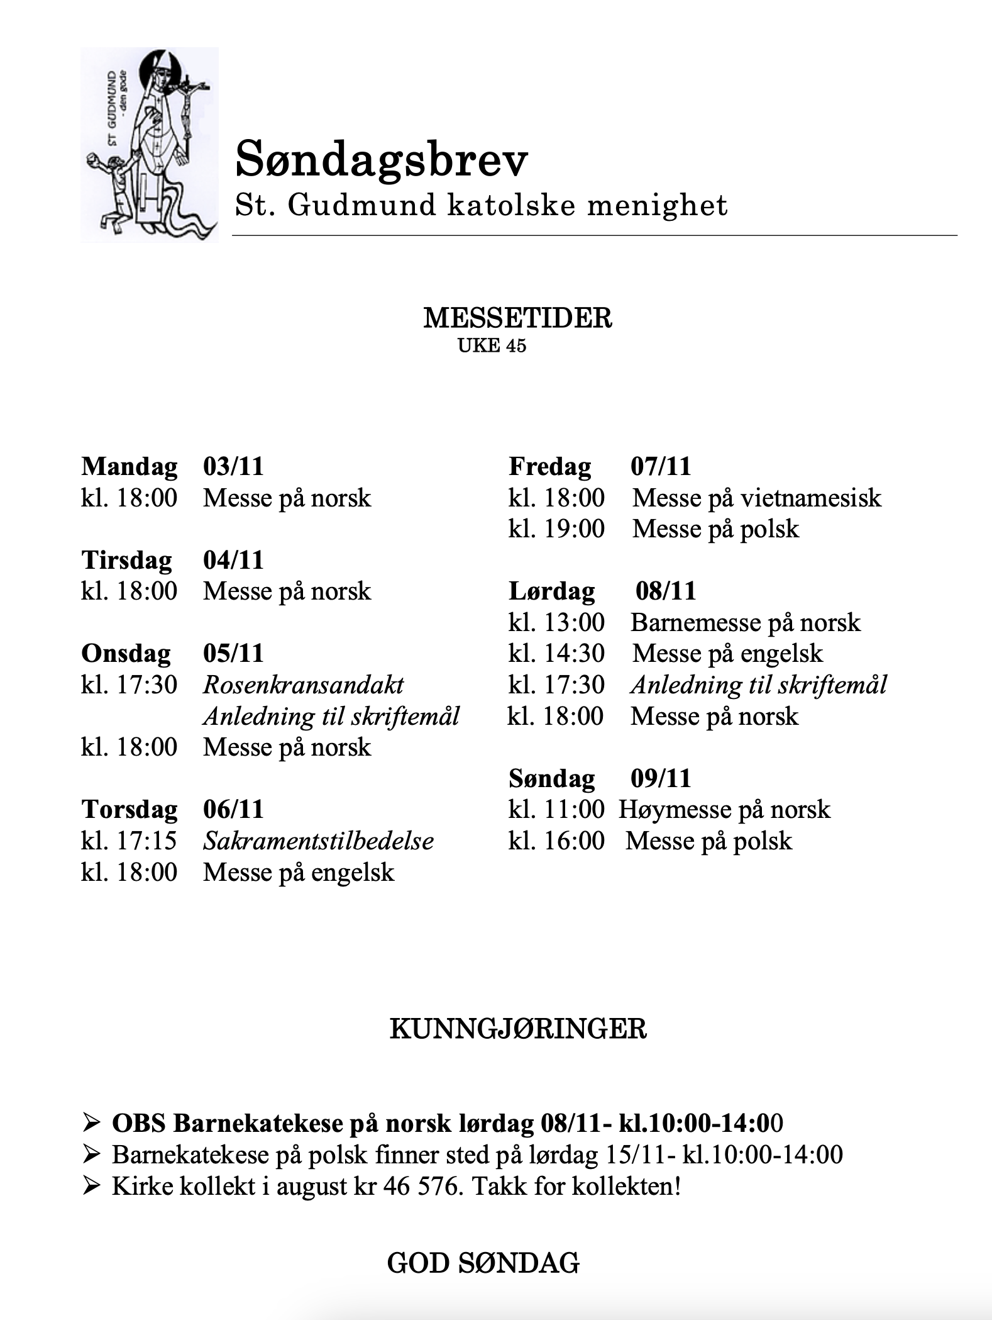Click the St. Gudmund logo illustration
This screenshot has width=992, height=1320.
pyautogui.click(x=150, y=144)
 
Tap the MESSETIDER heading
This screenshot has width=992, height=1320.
pyautogui.click(x=517, y=318)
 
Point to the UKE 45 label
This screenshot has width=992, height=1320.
pyautogui.click(x=492, y=345)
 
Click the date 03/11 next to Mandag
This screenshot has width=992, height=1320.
pyautogui.click(x=233, y=467)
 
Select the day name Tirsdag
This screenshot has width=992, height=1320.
pyautogui.click(x=126, y=560)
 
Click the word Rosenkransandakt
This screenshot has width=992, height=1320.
pyautogui.click(x=303, y=685)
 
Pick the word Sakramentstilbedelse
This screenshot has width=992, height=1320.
pyautogui.click(x=318, y=841)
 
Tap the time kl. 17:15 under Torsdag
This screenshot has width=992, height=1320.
pyautogui.click(x=129, y=841)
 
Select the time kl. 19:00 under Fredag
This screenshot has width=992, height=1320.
pyautogui.click(x=556, y=529)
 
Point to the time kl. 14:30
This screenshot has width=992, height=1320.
pyautogui.click(x=556, y=654)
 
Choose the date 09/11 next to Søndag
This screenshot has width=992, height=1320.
pyautogui.click(x=661, y=778)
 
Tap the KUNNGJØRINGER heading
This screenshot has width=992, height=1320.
pyautogui.click(x=517, y=1030)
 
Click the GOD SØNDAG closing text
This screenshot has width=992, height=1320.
pyautogui.click(x=483, y=1263)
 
